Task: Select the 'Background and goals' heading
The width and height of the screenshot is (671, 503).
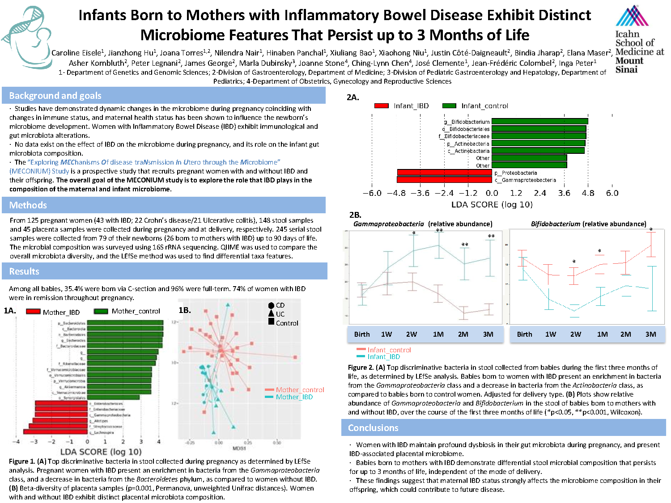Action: (x=55, y=96)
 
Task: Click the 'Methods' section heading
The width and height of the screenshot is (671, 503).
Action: (x=28, y=205)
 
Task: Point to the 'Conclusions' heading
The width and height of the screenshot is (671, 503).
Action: (x=373, y=428)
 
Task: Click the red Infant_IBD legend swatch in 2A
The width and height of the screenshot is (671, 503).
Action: (x=381, y=106)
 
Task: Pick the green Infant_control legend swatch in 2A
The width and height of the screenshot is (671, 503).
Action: (x=449, y=106)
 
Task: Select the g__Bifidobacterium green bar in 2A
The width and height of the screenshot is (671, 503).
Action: (x=539, y=121)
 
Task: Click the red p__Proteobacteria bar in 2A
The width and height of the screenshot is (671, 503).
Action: (x=444, y=173)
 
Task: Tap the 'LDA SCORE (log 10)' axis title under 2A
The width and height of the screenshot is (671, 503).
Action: (x=492, y=205)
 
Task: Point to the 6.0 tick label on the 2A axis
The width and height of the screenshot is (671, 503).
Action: (x=612, y=193)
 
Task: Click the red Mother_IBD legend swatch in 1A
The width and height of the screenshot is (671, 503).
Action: (x=33, y=312)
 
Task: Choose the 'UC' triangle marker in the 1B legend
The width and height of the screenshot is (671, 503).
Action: (x=271, y=314)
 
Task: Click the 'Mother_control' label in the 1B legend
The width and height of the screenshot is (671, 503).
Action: (x=300, y=390)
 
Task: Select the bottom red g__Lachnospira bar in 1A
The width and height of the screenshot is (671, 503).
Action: (x=55, y=432)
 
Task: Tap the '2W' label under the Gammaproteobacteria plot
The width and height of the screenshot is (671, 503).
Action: (x=412, y=334)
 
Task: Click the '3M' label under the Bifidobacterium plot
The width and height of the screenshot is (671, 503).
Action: (x=650, y=334)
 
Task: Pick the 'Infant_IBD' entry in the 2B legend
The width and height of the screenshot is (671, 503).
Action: (x=383, y=357)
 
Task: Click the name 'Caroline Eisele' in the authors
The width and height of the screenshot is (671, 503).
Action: (x=76, y=53)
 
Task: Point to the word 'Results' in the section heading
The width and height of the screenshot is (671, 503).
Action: (x=24, y=271)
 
